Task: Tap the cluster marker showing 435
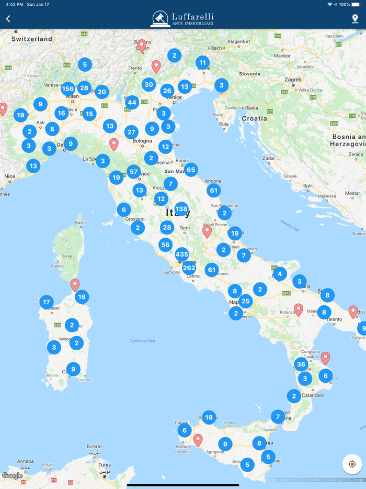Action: [x=181, y=254]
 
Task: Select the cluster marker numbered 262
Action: [x=189, y=268]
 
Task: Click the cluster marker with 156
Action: [x=68, y=89]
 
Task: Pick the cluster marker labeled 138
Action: [x=181, y=209]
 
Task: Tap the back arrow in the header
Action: [x=8, y=19]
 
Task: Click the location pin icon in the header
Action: [x=355, y=19]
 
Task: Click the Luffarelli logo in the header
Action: [x=182, y=19]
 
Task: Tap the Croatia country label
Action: [x=255, y=118]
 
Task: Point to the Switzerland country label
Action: [x=32, y=39]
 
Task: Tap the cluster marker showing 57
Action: [x=134, y=171]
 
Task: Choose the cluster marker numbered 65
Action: [x=191, y=169]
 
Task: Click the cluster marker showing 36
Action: [x=301, y=364]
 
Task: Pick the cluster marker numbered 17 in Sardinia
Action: [x=47, y=302]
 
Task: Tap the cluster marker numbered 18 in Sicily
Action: [x=209, y=417]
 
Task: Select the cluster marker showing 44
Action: [x=132, y=103]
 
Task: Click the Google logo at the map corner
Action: [x=12, y=476]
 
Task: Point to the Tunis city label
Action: [x=105, y=464]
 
